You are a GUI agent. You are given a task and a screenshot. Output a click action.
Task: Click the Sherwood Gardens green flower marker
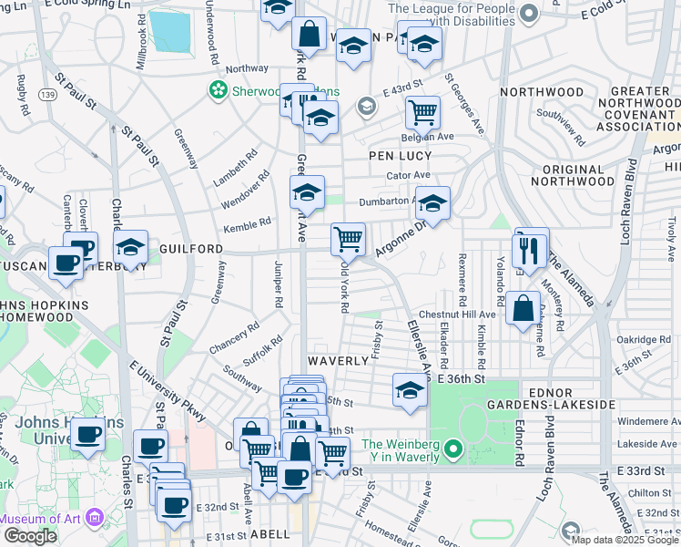218,90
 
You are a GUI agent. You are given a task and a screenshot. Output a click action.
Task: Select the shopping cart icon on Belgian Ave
422,113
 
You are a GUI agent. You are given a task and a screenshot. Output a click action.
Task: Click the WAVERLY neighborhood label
336,360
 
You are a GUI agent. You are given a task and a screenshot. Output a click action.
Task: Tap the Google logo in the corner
30,536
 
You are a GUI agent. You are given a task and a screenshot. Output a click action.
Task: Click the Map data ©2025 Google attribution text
625,540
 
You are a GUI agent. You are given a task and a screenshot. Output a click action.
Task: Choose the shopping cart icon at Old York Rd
348,240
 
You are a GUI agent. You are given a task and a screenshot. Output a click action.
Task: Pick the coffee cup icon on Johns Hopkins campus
88,435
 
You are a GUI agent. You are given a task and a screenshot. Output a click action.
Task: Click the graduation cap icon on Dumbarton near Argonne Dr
434,203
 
